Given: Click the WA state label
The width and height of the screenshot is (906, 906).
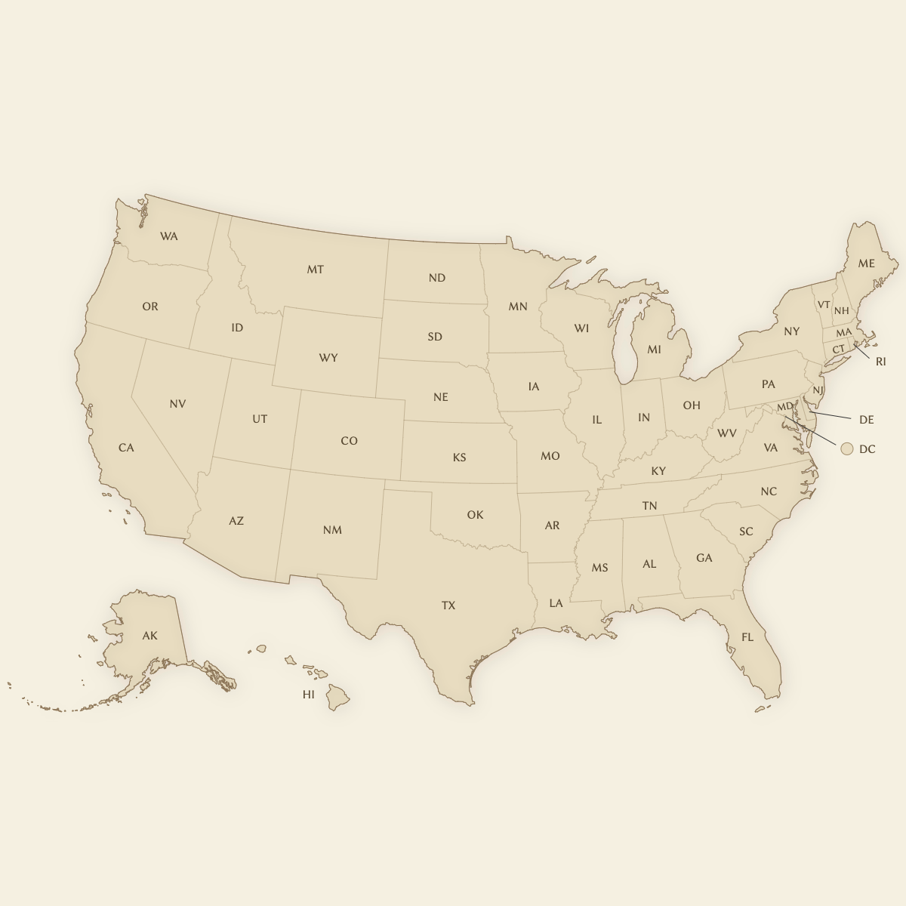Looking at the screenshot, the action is pos(169,236).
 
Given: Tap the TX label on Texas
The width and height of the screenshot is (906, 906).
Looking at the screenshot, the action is pos(448,606).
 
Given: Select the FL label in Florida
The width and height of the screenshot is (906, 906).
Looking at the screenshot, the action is pos(747,637).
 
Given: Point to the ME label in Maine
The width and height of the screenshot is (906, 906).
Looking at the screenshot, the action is pos(866,263).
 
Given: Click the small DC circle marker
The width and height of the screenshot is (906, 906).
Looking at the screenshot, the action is pos(846,448).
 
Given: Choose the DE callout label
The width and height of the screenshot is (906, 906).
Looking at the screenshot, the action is pos(866,420).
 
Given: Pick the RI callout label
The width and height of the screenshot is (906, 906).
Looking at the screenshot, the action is pos(880,362).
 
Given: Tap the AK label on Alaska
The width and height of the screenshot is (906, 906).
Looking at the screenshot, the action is pos(150,636).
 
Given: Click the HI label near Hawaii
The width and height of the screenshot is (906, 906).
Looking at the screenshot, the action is pos(308,695).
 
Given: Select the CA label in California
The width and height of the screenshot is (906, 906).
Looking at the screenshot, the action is pos(126,448).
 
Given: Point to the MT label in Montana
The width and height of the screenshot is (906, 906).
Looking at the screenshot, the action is pos(315,270).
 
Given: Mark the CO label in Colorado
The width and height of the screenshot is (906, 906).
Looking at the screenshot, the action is pos(349,441).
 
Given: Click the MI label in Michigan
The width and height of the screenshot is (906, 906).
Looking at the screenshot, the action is pos(654,350).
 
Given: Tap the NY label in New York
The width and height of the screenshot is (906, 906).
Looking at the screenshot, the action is pos(791,331).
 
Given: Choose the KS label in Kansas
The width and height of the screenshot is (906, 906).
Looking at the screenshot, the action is pos(459,458).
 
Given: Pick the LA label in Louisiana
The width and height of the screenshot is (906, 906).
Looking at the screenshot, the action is pos(556,603).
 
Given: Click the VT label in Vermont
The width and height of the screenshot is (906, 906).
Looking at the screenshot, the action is pos(824,305).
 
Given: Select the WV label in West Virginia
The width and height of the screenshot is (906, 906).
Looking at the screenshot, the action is pos(726,433).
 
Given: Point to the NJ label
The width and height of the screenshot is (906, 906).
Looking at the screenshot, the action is pos(818,390).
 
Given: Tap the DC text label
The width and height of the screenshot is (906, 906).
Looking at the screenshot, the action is pos(867,449).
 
